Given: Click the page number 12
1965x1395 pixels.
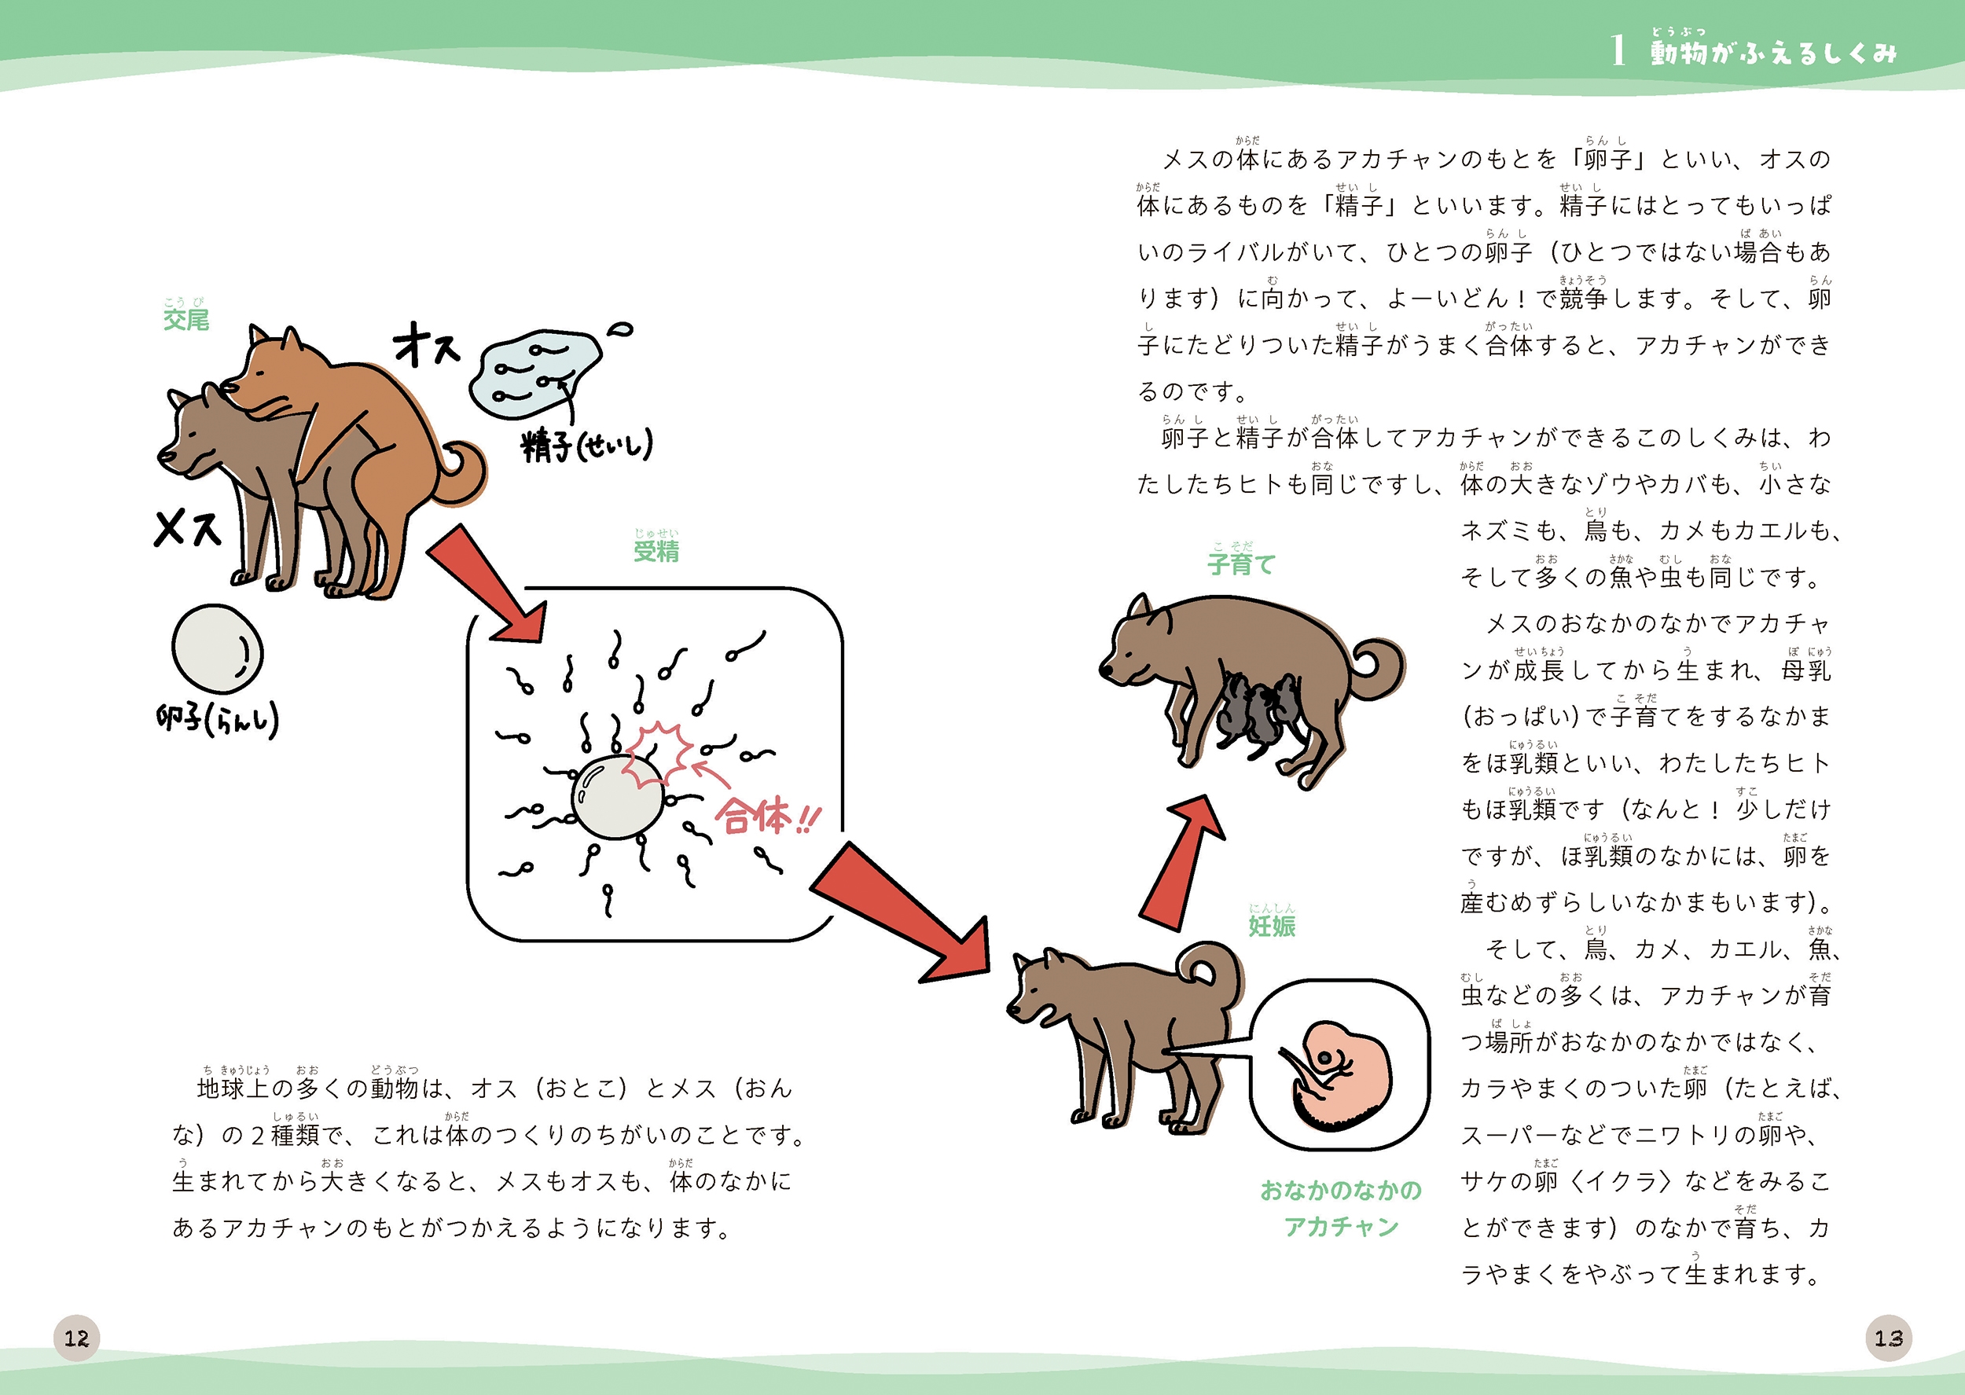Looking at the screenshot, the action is pyautogui.click(x=76, y=1338).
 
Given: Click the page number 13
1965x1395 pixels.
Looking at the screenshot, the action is pyautogui.click(x=1889, y=1338).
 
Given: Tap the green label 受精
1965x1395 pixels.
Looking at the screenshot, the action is pyautogui.click(x=656, y=551).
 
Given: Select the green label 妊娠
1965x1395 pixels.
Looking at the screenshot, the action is pyautogui.click(x=1271, y=925).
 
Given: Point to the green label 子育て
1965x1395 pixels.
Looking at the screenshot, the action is pyautogui.click(x=1241, y=564).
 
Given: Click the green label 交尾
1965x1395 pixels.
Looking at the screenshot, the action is pyautogui.click(x=186, y=320).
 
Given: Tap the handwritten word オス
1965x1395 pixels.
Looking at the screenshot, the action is pyautogui.click(x=427, y=344).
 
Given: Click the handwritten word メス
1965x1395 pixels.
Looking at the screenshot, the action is pyautogui.click(x=188, y=527).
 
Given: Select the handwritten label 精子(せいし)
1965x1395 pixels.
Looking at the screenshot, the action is pyautogui.click(x=586, y=446).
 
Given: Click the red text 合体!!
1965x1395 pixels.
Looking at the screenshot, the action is pyautogui.click(x=768, y=815).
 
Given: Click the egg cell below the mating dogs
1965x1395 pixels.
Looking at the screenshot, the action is pyautogui.click(x=217, y=648).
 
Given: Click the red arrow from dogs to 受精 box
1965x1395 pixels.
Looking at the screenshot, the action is pyautogui.click(x=486, y=583).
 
